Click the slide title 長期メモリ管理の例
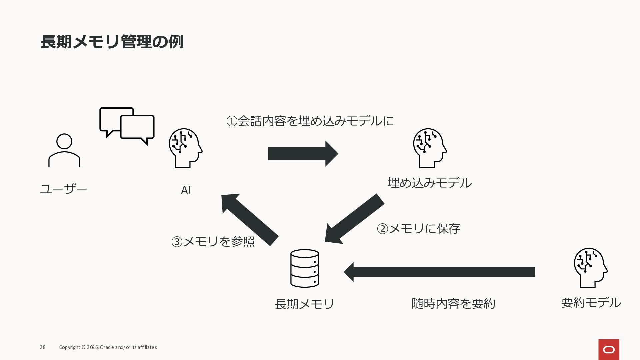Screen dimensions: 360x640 click(x=112, y=42)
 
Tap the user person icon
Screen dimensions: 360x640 click(x=64, y=150)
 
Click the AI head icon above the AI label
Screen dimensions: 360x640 click(x=185, y=148)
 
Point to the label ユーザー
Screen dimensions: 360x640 click(x=64, y=189)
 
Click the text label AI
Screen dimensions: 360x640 click(x=186, y=190)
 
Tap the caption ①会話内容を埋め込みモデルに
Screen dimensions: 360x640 click(x=310, y=121)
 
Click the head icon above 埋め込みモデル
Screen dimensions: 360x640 click(x=430, y=148)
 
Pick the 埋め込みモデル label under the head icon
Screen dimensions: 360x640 click(x=430, y=183)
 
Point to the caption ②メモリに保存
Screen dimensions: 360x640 click(x=418, y=229)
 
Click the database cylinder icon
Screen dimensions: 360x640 click(x=305, y=268)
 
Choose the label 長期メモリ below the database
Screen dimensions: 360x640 click(x=304, y=304)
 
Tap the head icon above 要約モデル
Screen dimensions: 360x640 click(x=591, y=268)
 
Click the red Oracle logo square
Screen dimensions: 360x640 click(x=609, y=349)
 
